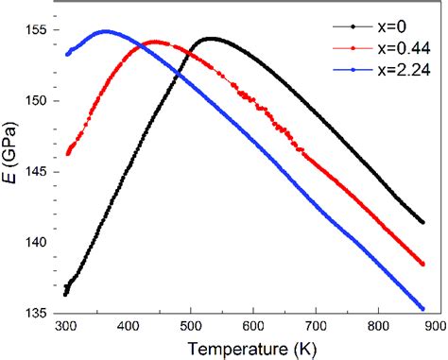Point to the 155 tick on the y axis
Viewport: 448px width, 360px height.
coord(36,30)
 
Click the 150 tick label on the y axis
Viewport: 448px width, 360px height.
coord(36,100)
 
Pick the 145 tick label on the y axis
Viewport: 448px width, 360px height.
coord(36,171)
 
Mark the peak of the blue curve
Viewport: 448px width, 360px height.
coord(105,31)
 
